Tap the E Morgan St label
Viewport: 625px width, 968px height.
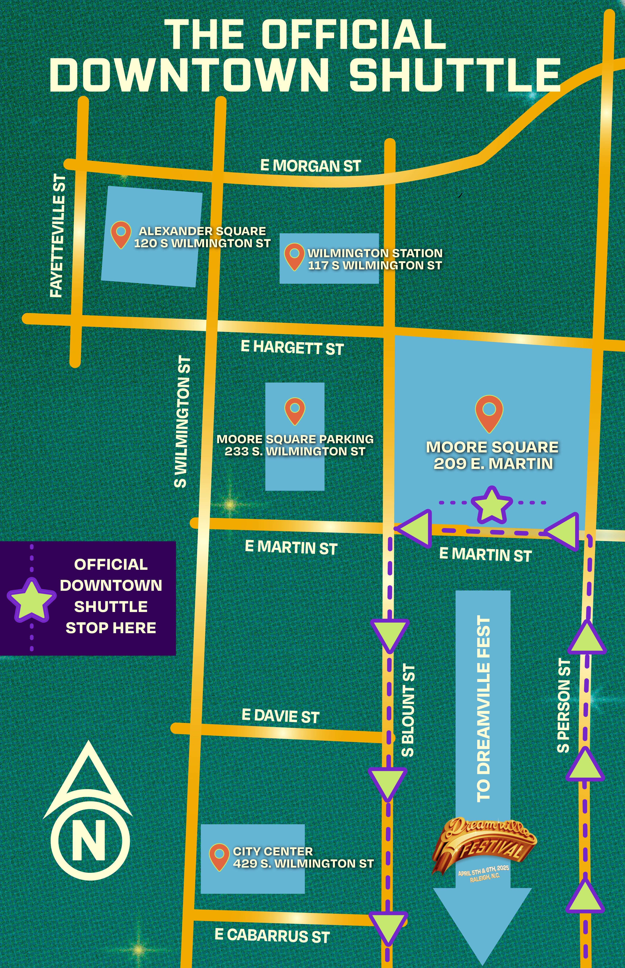(x=310, y=166)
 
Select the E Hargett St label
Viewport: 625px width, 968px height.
(x=292, y=348)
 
